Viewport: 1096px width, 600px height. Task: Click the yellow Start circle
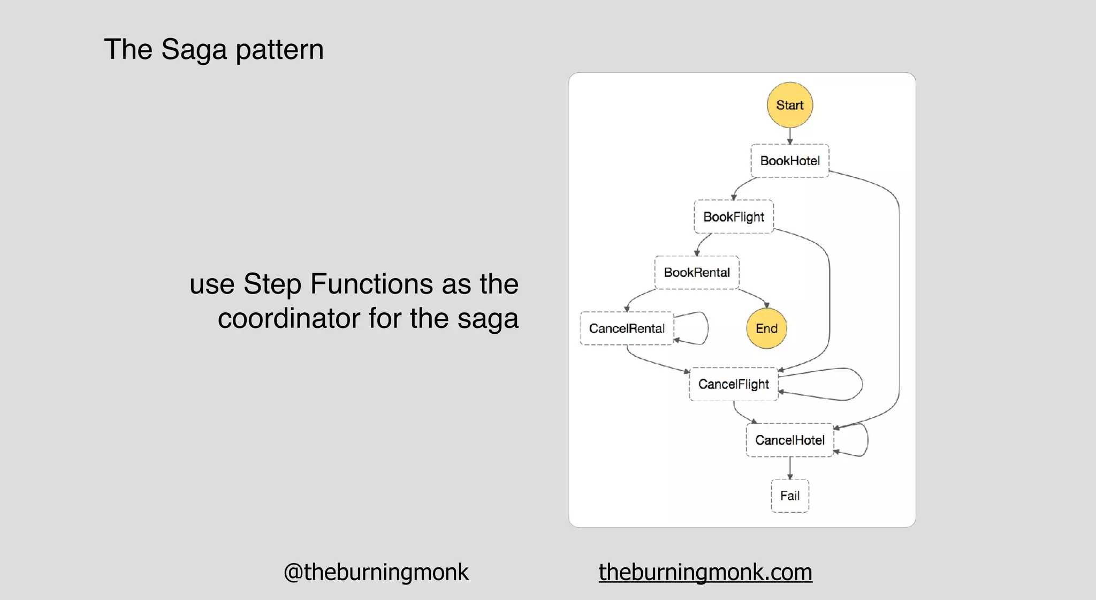point(789,105)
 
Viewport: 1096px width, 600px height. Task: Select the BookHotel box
point(789,161)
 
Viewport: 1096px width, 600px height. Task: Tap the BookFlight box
point(733,217)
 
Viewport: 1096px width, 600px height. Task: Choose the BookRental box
point(696,273)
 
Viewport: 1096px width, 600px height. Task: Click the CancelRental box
point(627,328)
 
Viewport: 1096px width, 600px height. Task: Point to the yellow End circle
point(766,328)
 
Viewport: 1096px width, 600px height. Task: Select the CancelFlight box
point(733,384)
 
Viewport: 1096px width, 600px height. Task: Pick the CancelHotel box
point(789,440)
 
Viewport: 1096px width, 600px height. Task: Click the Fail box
point(789,496)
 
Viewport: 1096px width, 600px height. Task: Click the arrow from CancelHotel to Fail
point(790,468)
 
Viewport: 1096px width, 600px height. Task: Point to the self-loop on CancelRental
point(707,327)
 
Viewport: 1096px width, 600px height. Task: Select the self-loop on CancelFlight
point(861,384)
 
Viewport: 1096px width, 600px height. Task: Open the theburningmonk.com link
point(705,572)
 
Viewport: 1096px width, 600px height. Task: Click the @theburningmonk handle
point(376,572)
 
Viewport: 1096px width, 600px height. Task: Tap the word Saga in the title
point(194,50)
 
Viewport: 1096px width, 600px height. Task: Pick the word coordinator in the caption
point(289,318)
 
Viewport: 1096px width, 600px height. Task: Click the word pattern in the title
point(279,50)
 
